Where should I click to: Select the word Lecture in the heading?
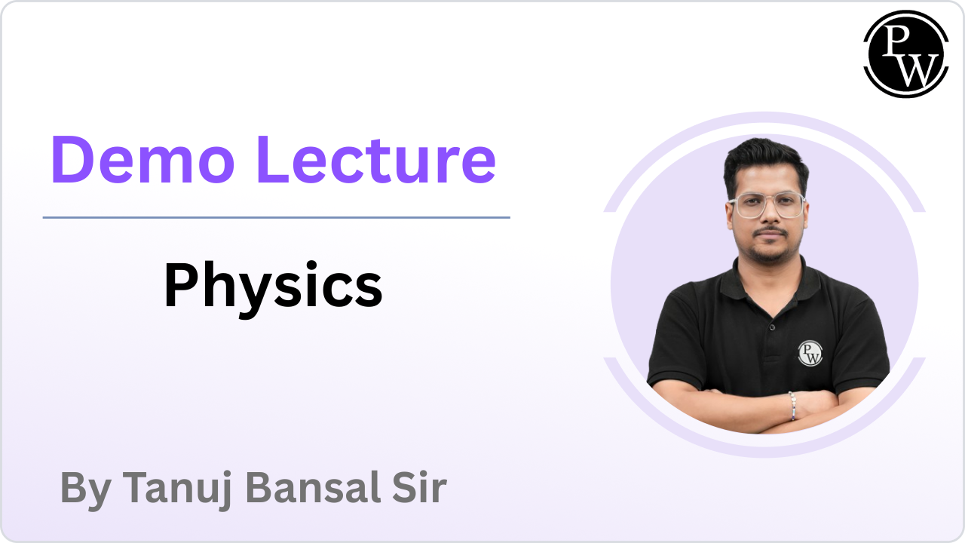(376, 159)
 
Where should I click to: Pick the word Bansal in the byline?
(313, 487)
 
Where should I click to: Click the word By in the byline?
(86, 490)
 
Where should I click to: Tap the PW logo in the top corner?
(906, 54)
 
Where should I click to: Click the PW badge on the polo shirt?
(810, 354)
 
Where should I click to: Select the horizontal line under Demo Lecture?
(276, 218)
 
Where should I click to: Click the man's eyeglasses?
(767, 205)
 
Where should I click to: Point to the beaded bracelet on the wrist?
(792, 406)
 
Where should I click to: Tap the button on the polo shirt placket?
(772, 328)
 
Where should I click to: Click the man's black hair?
(765, 164)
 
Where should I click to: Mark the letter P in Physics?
(180, 284)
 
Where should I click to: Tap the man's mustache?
(770, 232)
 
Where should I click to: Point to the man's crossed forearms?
(767, 410)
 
